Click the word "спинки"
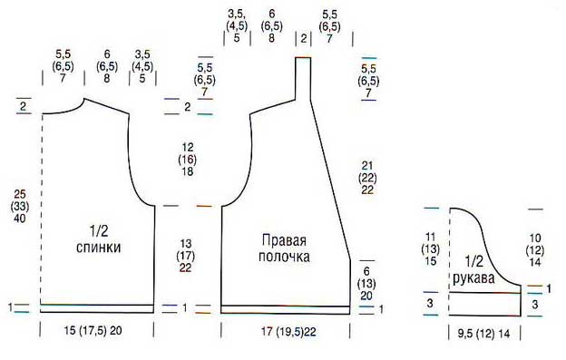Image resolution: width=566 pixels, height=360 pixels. (x=101, y=247)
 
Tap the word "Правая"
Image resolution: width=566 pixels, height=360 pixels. (x=285, y=241)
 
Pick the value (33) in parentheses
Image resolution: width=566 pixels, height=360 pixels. (x=17, y=208)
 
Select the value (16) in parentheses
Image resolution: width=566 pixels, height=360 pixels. (x=188, y=160)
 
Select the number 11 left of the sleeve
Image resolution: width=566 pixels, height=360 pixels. (x=431, y=238)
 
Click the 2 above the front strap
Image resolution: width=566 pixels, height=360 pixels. (x=304, y=38)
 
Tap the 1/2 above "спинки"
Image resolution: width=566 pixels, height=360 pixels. (x=100, y=230)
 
